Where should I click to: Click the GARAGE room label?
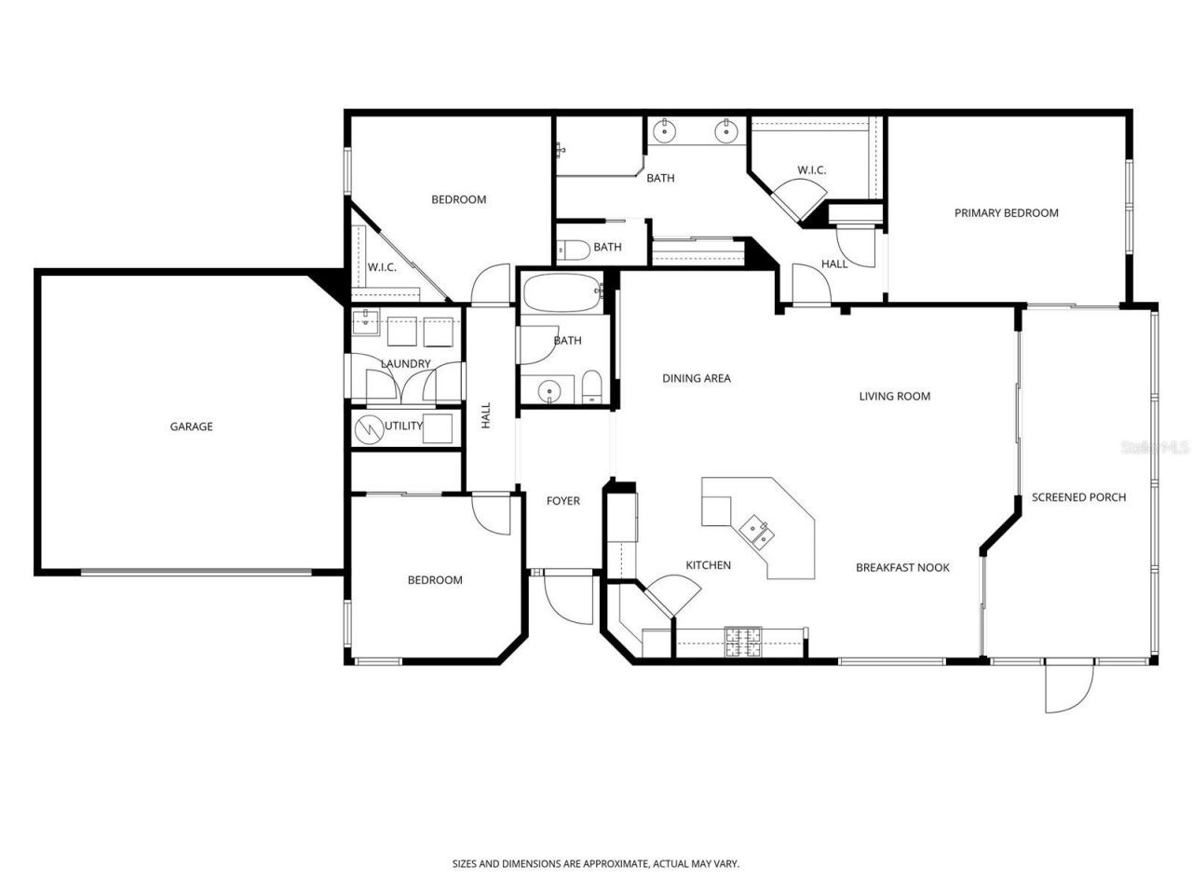(x=191, y=427)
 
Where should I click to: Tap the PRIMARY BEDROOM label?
(x=1006, y=213)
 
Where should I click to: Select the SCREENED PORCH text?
(x=1078, y=497)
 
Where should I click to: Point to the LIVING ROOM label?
(x=894, y=397)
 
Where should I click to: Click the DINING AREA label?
(x=696, y=378)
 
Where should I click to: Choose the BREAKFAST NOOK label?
(x=901, y=567)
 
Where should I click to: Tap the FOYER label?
(x=562, y=501)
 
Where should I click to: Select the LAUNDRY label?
(x=405, y=363)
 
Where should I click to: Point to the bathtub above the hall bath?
(x=560, y=294)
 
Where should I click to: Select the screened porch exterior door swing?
(x=1067, y=687)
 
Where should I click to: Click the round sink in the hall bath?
(x=549, y=390)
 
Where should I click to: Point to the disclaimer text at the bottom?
(x=595, y=864)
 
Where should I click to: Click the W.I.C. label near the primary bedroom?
(x=811, y=170)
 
